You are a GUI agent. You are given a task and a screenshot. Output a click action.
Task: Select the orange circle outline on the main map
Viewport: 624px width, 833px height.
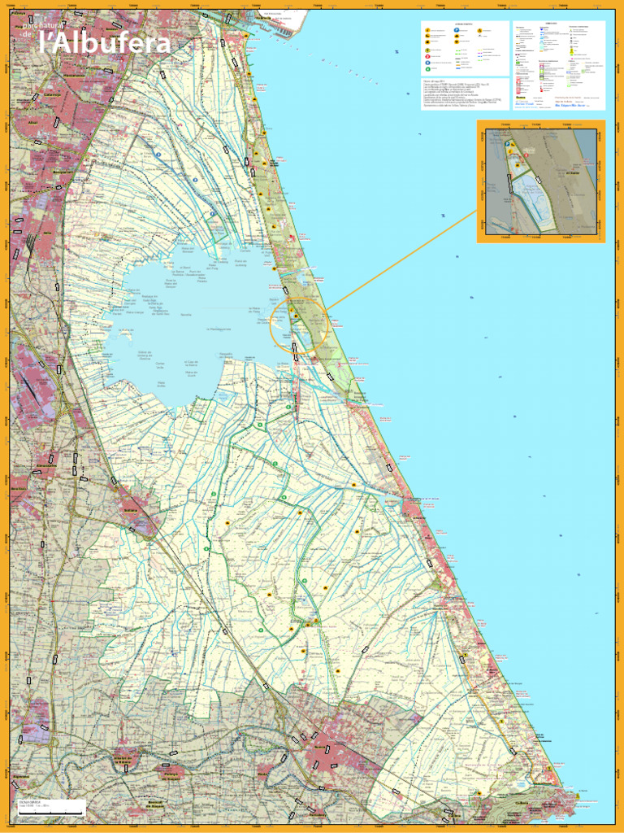[298, 323]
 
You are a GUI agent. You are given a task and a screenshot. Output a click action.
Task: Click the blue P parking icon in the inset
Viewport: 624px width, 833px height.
[508, 142]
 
